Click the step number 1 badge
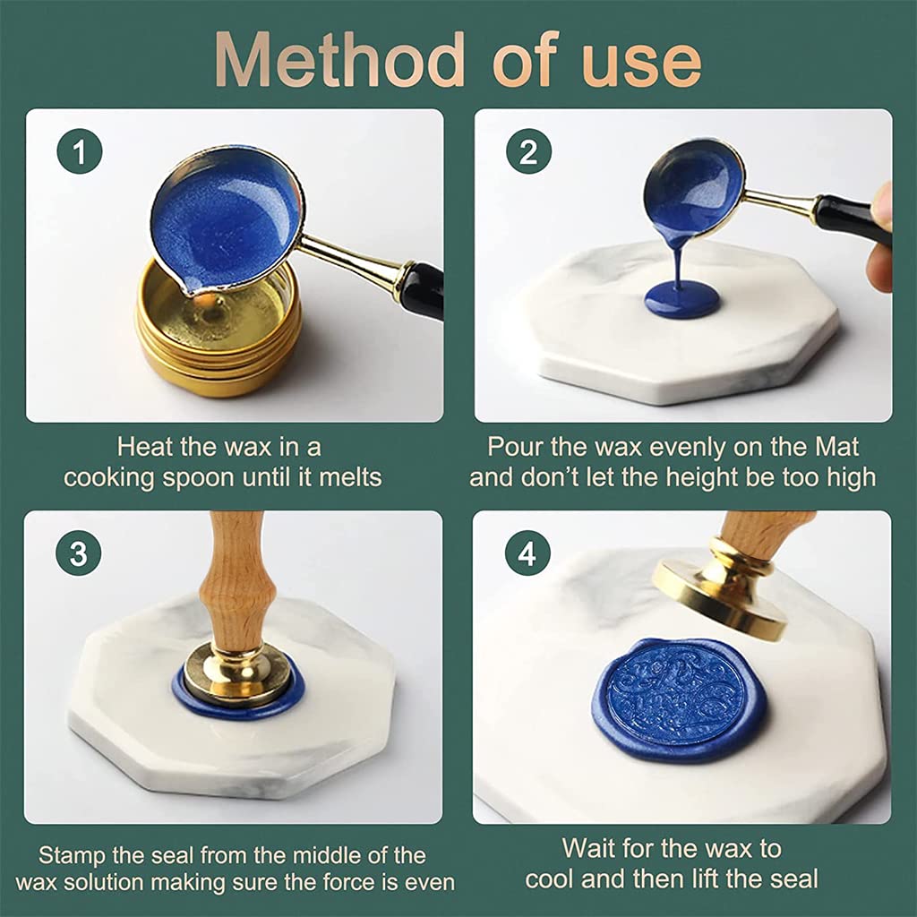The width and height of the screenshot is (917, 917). pyautogui.click(x=81, y=152)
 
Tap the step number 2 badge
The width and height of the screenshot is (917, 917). pyautogui.click(x=528, y=152)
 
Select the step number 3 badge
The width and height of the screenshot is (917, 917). pyautogui.click(x=79, y=554)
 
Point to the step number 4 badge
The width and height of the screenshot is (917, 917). pyautogui.click(x=527, y=554)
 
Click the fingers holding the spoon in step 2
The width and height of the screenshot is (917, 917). pyautogui.click(x=881, y=237)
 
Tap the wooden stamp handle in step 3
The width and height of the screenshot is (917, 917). pyautogui.click(x=236, y=582)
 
